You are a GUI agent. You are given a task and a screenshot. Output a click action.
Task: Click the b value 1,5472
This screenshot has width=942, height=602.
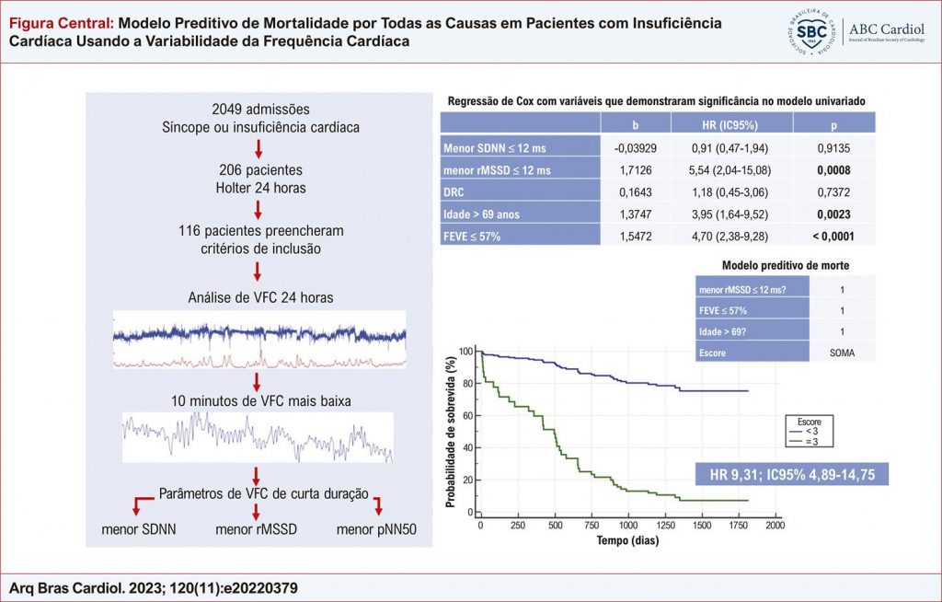[631, 237]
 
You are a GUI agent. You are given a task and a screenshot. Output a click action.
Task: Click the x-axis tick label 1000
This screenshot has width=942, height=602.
[628, 525]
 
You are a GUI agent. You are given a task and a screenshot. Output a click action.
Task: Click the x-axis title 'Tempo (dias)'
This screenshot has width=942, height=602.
[628, 541]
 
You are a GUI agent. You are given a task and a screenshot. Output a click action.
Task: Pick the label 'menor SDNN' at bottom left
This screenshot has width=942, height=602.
[139, 529]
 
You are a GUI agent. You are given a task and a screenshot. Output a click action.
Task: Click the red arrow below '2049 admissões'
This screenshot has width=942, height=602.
[258, 147]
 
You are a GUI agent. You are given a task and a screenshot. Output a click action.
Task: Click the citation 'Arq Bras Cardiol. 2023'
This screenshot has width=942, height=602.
[154, 587]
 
